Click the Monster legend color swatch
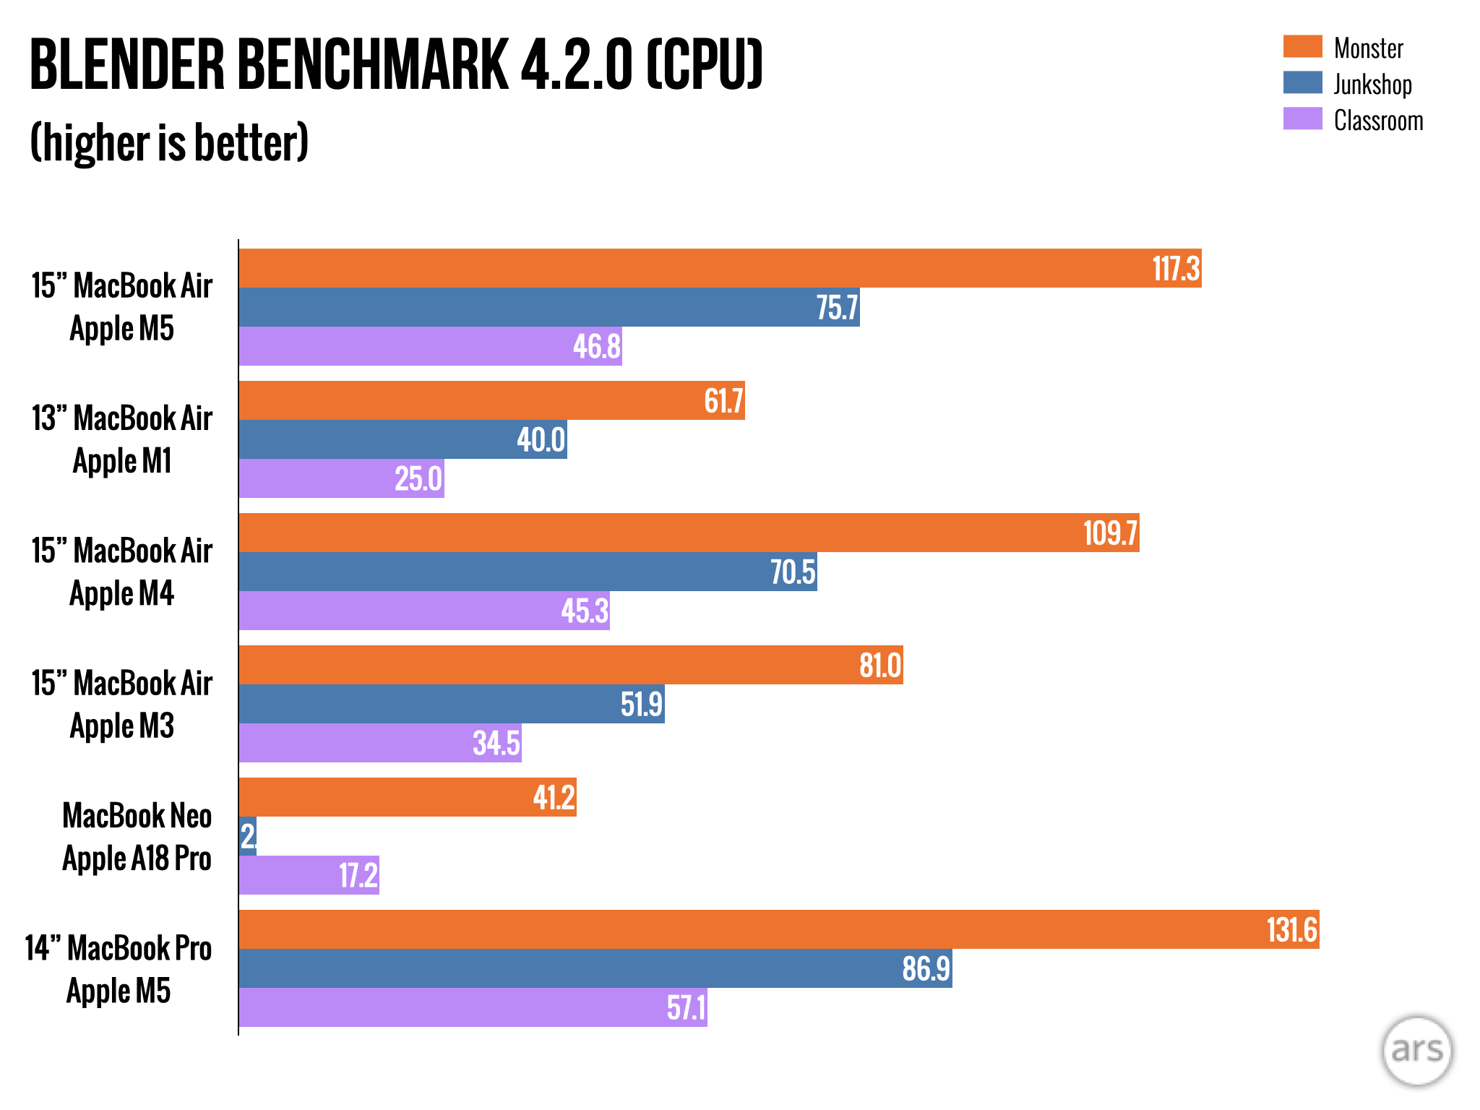coord(1302,46)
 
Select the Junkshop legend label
coord(1372,84)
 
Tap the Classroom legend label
coord(1378,121)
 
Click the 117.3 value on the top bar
coord(1176,269)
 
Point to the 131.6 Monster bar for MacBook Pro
coord(778,929)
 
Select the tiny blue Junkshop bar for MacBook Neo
coord(248,836)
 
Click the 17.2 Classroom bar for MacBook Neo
coord(309,875)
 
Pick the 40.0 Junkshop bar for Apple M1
coord(403,439)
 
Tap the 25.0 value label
coord(418,478)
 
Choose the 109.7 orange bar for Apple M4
coord(689,533)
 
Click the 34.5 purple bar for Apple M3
coord(380,743)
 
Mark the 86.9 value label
coord(926,968)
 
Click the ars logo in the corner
coord(1416,1051)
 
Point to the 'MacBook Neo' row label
coord(137,815)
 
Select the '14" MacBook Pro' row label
coord(119,948)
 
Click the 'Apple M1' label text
coord(122,461)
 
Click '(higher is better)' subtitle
coord(169,142)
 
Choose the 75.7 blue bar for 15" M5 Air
coord(549,307)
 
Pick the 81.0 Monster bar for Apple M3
coord(571,665)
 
